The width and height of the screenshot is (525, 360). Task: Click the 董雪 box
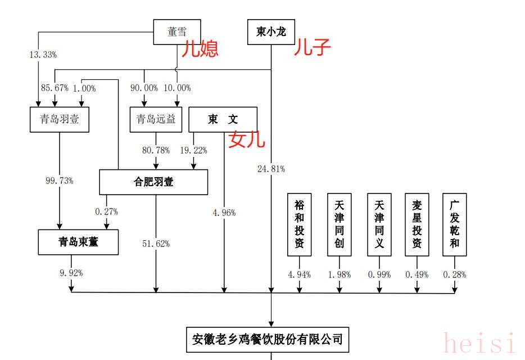pos(177,32)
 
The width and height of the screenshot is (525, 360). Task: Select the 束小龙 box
pos(271,32)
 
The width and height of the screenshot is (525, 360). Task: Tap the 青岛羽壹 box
pos(60,119)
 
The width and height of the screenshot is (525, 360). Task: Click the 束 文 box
pos(223,119)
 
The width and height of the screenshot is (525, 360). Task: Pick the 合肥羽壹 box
pos(153,182)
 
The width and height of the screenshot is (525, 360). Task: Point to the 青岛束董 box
pos(78,242)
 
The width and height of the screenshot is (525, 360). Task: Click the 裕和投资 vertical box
pos(299,224)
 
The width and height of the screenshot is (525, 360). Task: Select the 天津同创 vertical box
pos(339,224)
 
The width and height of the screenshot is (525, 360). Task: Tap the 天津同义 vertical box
pos(379,224)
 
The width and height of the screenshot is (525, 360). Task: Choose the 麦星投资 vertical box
pos(417,224)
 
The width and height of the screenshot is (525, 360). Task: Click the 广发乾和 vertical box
pos(455,224)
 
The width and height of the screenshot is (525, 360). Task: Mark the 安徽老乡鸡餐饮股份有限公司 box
pos(268,339)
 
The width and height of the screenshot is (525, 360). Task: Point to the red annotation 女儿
pos(246,139)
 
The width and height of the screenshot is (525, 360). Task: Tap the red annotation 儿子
pos(312,48)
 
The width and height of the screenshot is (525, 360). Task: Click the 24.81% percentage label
pos(270,168)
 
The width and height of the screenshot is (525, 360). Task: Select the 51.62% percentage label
pos(156,244)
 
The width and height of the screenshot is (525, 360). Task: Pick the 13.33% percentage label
pos(43,55)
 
